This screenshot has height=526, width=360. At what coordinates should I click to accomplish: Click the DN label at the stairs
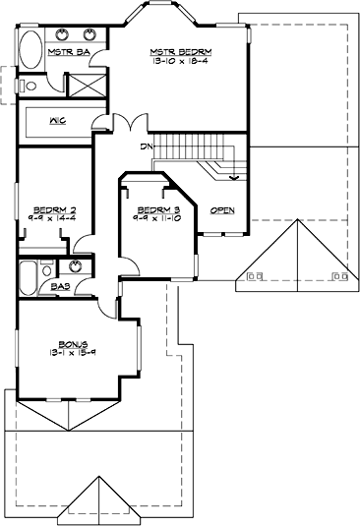[147, 146]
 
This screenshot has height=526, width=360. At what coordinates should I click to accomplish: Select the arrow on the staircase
[234, 179]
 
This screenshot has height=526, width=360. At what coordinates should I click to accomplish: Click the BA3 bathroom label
[61, 288]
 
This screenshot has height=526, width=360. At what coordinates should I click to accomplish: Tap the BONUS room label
[72, 343]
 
